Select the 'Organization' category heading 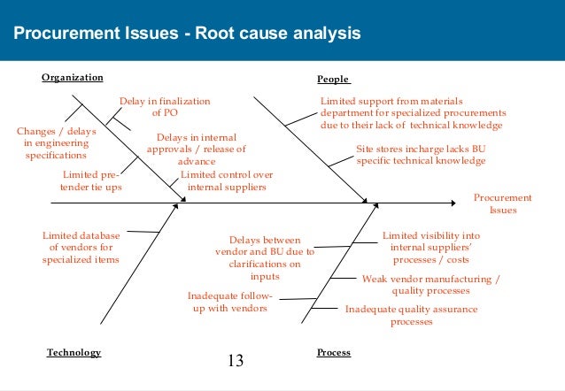pyautogui.click(x=73, y=78)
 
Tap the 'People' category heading pyautogui.click(x=333, y=79)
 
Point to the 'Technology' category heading pyautogui.click(x=74, y=352)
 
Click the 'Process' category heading pyautogui.click(x=333, y=352)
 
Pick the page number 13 pyautogui.click(x=236, y=360)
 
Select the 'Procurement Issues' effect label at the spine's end pyautogui.click(x=503, y=204)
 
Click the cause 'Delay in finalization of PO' pyautogui.click(x=165, y=107)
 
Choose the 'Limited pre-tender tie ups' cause pyautogui.click(x=92, y=181)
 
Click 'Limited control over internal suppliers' pyautogui.click(x=227, y=181)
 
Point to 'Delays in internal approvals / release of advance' pyautogui.click(x=196, y=149)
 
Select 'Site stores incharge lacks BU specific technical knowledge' pyautogui.click(x=421, y=156)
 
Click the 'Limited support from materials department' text pyautogui.click(x=413, y=113)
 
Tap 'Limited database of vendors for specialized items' pyautogui.click(x=81, y=248)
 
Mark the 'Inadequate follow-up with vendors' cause pyautogui.click(x=230, y=302)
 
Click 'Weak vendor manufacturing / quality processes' pyautogui.click(x=431, y=284)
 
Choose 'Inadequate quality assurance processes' pyautogui.click(x=411, y=315)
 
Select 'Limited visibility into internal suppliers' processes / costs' pyautogui.click(x=431, y=248)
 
